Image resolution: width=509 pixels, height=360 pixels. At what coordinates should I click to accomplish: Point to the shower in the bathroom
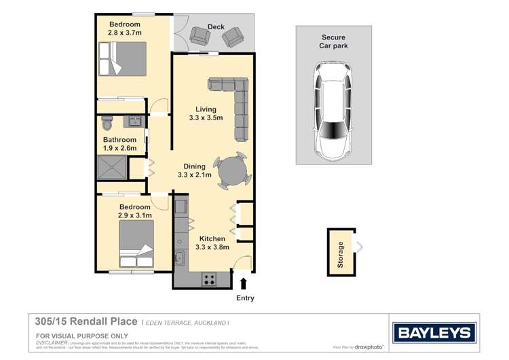[x=113, y=166]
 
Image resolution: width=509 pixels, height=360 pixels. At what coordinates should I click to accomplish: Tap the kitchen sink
[x=179, y=258]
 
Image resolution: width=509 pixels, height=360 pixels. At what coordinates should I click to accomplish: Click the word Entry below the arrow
[x=244, y=298]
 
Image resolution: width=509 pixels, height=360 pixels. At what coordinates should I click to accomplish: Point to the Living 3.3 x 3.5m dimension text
[x=206, y=113]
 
